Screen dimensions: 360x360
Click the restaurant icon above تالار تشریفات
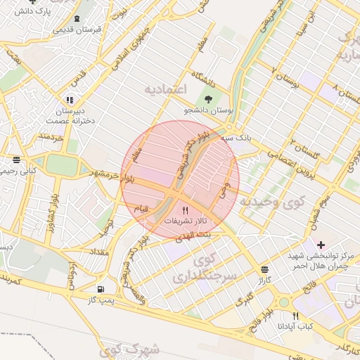pyautogui.click(x=186, y=210)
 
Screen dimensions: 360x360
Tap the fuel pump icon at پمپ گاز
pyautogui.click(x=103, y=289)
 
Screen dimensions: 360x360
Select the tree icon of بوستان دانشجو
pyautogui.click(x=207, y=98)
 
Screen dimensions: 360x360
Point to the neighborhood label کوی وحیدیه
pyautogui.click(x=273, y=202)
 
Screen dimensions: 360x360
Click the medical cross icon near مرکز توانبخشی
pyautogui.click(x=321, y=245)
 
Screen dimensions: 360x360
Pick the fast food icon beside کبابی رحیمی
pyautogui.click(x=16, y=160)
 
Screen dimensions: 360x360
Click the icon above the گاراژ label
pyautogui.click(x=264, y=269)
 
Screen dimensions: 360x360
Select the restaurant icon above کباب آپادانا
pyautogui.click(x=295, y=316)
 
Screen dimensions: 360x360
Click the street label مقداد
pyautogui.click(x=98, y=251)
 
